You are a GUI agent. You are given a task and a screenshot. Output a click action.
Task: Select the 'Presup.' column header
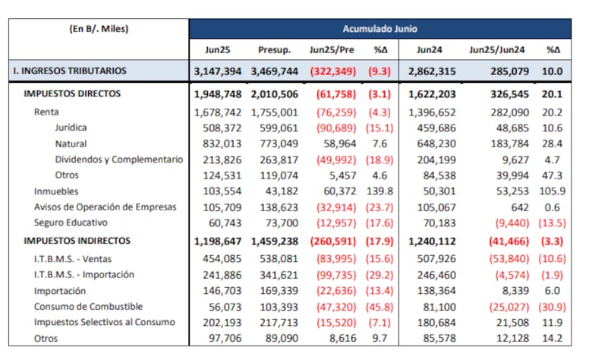pos(274,49)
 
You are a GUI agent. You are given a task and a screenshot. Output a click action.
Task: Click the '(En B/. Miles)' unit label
pos(99,30)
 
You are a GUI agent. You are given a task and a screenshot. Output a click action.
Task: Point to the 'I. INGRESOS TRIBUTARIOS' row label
pos(69,71)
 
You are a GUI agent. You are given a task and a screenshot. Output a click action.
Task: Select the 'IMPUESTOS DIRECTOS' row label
pos(72,94)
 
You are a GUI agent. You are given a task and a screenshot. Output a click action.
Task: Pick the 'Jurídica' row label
pos(71,128)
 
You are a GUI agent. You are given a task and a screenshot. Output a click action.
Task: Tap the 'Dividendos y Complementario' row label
pos(118,159)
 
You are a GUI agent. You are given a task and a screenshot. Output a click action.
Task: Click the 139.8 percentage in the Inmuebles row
pos(382,191)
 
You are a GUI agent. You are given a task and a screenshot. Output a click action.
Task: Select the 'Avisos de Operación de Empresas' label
pos(105,207)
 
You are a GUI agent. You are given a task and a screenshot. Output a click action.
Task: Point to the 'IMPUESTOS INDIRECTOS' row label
pos(77,241)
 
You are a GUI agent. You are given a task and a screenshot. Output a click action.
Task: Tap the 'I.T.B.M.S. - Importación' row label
pos(83,274)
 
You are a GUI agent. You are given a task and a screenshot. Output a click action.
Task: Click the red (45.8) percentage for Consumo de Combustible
pos(381,306)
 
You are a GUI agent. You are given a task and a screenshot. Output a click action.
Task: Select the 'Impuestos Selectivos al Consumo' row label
pos(104,322)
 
